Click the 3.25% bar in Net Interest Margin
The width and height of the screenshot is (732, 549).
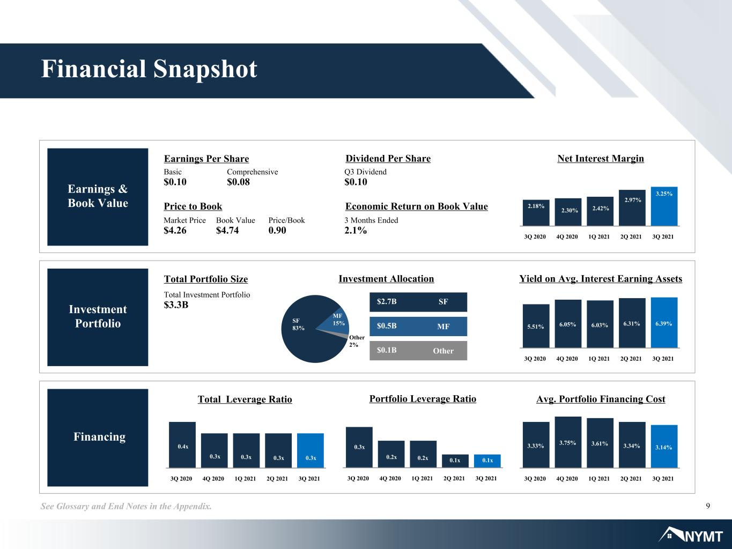(x=664, y=206)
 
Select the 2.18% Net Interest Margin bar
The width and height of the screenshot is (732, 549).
(x=536, y=213)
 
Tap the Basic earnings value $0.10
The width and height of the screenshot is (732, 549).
(x=175, y=182)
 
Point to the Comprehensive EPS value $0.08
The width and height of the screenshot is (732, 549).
(x=238, y=182)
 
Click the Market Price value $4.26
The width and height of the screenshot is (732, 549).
(x=175, y=231)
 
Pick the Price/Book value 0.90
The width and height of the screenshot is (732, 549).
(x=277, y=231)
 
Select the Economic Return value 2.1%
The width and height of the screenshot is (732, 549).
(x=356, y=231)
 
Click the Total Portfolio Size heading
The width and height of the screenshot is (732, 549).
(x=206, y=279)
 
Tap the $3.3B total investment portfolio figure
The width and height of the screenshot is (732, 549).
(x=176, y=305)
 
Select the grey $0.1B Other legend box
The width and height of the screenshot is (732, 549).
(x=418, y=350)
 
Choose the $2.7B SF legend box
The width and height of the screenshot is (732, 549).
(x=418, y=302)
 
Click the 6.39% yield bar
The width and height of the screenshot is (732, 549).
(x=664, y=323)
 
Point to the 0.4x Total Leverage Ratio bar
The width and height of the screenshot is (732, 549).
(x=182, y=444)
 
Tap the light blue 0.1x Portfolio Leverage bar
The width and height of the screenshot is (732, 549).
(x=487, y=461)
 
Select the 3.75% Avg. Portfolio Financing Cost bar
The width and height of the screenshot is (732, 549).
(x=568, y=442)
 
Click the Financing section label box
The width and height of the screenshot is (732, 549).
(x=98, y=437)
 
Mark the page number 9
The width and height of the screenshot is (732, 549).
(x=708, y=506)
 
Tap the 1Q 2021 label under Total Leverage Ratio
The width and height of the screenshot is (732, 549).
(x=245, y=479)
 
